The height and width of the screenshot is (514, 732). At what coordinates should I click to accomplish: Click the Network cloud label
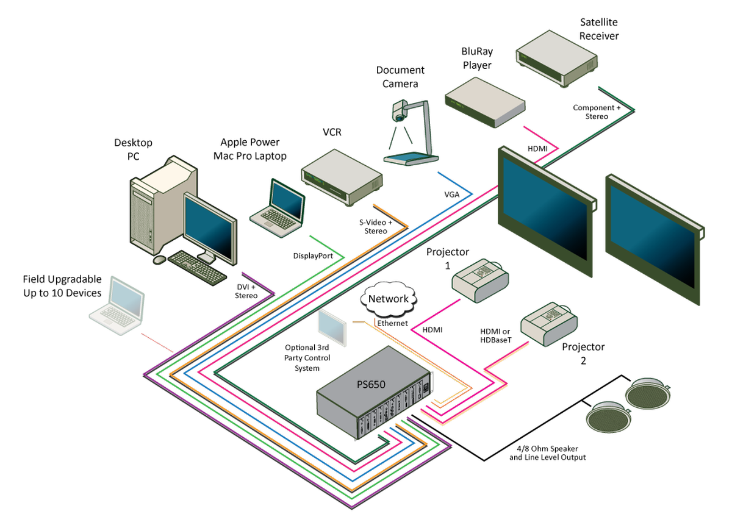tap(389, 299)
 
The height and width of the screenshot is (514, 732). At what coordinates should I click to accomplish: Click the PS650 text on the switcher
tap(371, 384)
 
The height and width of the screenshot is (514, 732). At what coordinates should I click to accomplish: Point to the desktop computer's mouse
tap(159, 260)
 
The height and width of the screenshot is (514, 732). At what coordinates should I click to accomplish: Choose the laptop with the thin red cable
tap(117, 305)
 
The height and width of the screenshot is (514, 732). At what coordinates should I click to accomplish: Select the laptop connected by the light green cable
tap(278, 207)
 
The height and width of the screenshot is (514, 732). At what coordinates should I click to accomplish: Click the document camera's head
tap(400, 112)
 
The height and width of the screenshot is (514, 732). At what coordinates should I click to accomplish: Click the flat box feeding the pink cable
tap(484, 102)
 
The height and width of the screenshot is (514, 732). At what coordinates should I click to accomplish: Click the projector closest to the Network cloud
tap(480, 280)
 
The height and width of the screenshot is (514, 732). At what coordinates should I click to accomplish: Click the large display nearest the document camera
tap(545, 210)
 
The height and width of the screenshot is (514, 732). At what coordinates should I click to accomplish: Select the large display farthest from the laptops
tap(653, 238)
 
